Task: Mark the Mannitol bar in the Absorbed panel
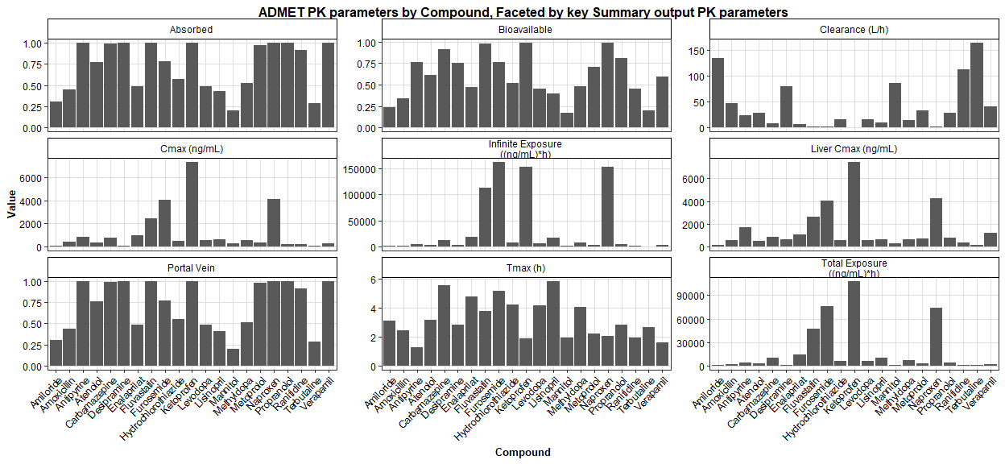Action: point(233,119)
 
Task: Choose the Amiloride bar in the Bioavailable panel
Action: point(389,118)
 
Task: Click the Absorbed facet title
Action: point(192,30)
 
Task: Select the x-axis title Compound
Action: point(523,452)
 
